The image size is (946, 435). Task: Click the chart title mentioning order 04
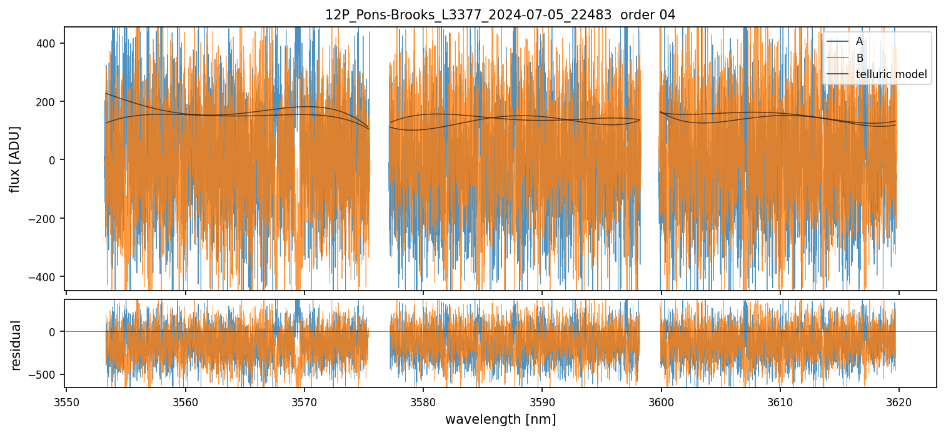pyautogui.click(x=500, y=15)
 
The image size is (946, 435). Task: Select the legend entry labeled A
pyautogui.click(x=859, y=41)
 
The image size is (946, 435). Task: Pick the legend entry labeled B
pyautogui.click(x=859, y=58)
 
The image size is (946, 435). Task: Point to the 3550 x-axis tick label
pyautogui.click(x=66, y=402)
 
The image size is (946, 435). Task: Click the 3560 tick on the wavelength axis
pyautogui.click(x=185, y=402)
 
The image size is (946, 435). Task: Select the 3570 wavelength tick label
pyautogui.click(x=304, y=402)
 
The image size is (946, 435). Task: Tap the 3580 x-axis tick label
pyautogui.click(x=423, y=402)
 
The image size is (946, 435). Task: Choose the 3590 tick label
pyautogui.click(x=541, y=402)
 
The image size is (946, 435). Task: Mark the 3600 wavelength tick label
pyautogui.click(x=661, y=402)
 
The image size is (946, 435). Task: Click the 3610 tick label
pyautogui.click(x=780, y=402)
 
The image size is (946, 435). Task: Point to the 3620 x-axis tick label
pyautogui.click(x=899, y=402)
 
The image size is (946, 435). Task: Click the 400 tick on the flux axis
pyautogui.click(x=48, y=43)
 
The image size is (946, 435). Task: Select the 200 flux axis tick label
pyautogui.click(x=48, y=102)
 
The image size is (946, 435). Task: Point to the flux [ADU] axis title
pyautogui.click(x=15, y=159)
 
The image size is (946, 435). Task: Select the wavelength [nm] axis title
pyautogui.click(x=500, y=419)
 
